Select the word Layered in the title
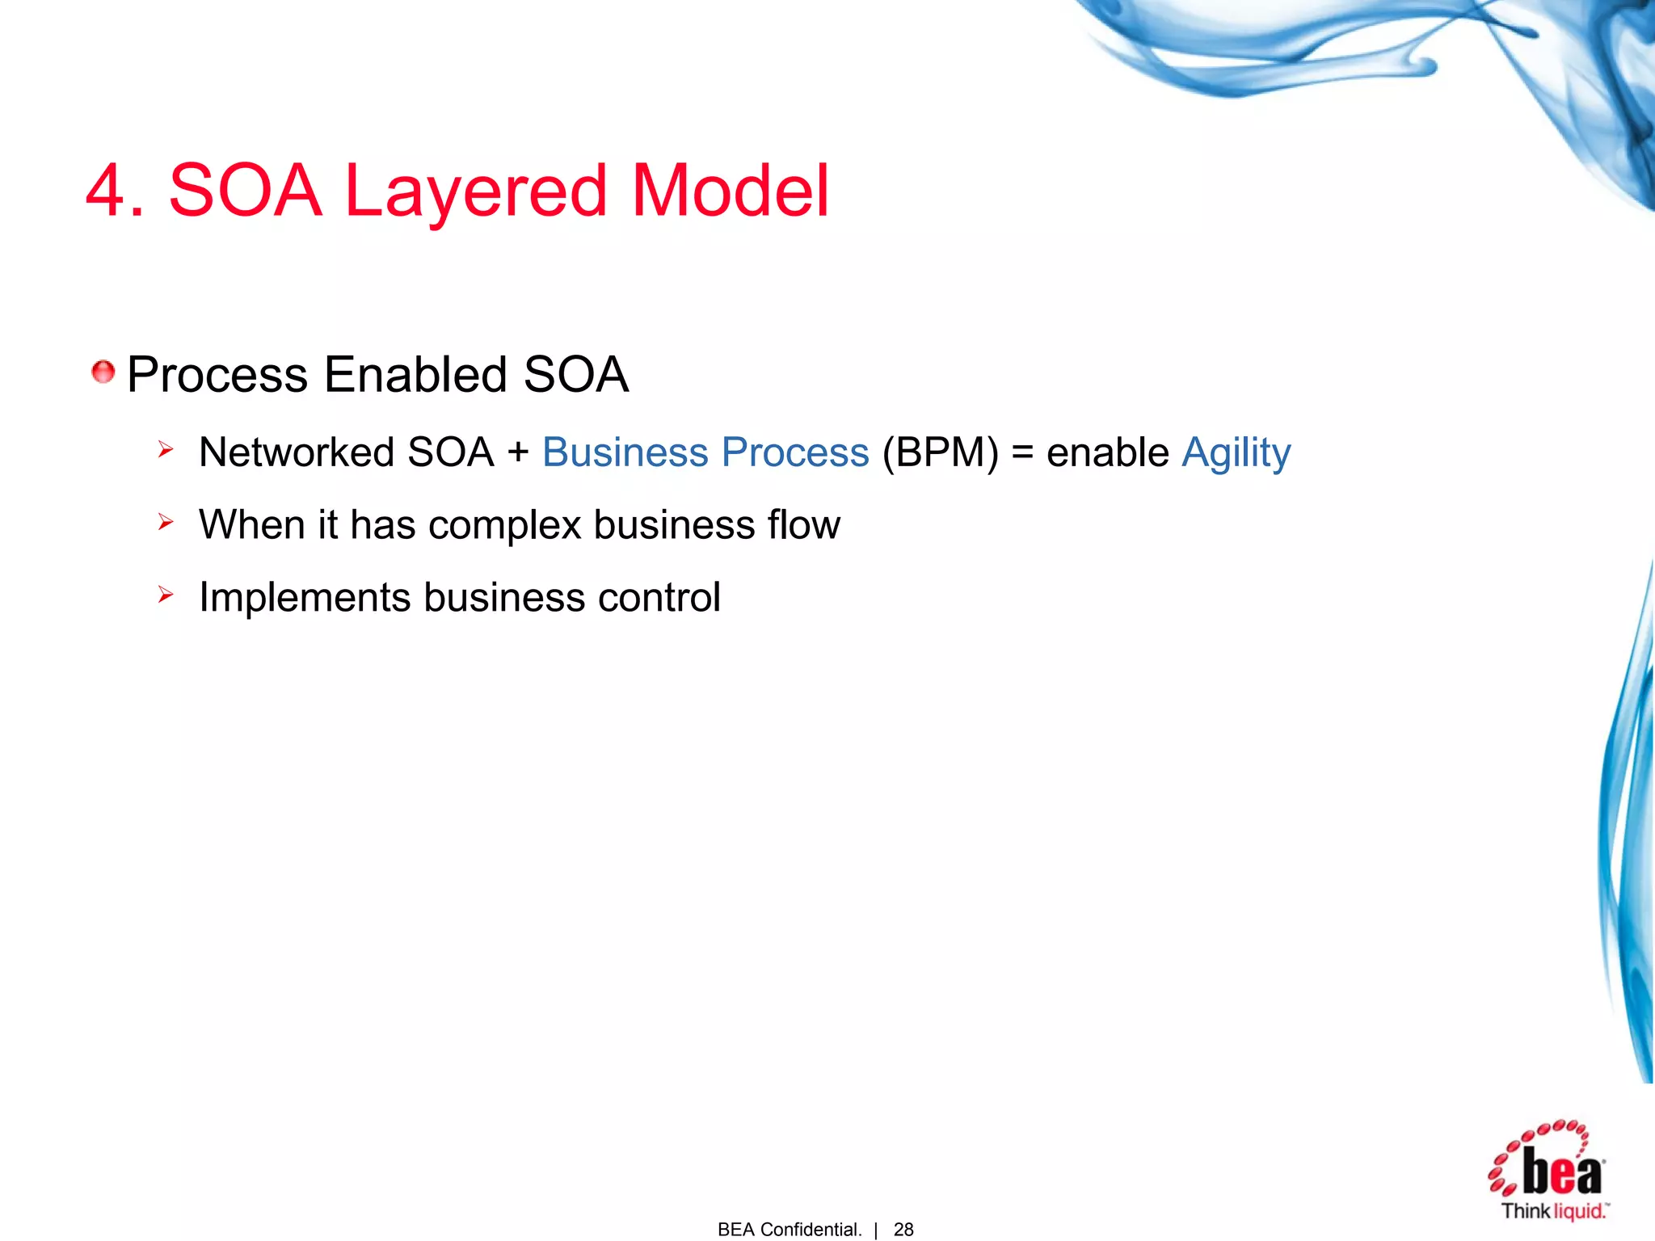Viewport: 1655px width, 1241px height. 475,192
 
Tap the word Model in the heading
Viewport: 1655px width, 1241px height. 730,191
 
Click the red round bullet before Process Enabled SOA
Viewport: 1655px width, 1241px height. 103,372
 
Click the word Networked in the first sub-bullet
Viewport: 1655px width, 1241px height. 296,452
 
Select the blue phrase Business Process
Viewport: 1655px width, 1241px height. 705,452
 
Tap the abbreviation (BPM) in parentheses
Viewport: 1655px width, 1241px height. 940,452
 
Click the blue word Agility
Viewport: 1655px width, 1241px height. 1236,453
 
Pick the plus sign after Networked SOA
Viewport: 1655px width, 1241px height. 518,452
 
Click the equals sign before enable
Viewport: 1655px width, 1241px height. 1022,452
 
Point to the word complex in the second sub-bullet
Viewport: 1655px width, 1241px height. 504,526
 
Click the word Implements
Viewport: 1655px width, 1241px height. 305,599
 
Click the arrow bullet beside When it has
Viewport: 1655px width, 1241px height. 166,522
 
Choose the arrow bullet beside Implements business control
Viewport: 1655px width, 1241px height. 166,595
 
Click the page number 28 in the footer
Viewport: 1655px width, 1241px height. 903,1229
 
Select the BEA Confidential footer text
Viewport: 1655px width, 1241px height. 790,1229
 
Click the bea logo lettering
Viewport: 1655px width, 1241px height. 1561,1172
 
